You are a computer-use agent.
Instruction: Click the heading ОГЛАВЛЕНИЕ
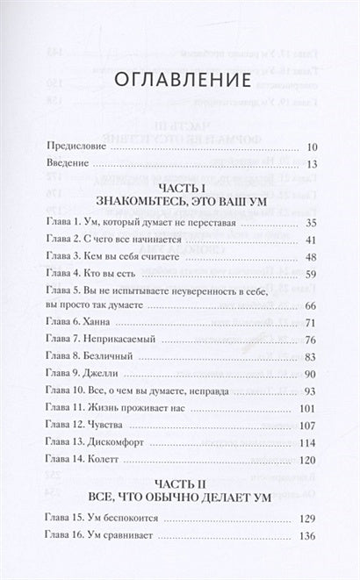click(x=181, y=80)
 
